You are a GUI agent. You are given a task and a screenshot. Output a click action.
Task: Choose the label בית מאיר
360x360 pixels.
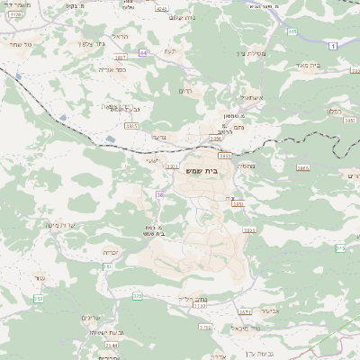coord(308,64)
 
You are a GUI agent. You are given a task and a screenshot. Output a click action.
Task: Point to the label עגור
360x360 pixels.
coord(38,279)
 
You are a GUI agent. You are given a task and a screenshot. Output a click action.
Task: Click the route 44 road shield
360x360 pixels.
coord(142,53)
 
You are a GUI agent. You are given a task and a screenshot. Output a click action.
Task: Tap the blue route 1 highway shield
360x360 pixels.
coord(333,45)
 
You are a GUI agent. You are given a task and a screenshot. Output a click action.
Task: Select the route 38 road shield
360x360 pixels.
coord(159,193)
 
